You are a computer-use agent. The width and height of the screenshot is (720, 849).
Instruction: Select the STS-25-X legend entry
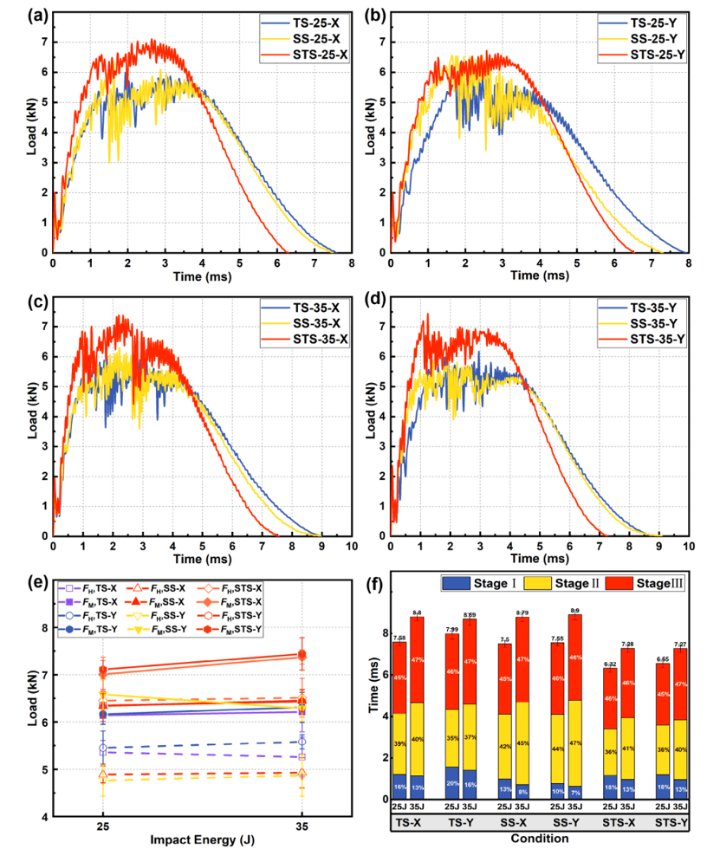(x=304, y=55)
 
